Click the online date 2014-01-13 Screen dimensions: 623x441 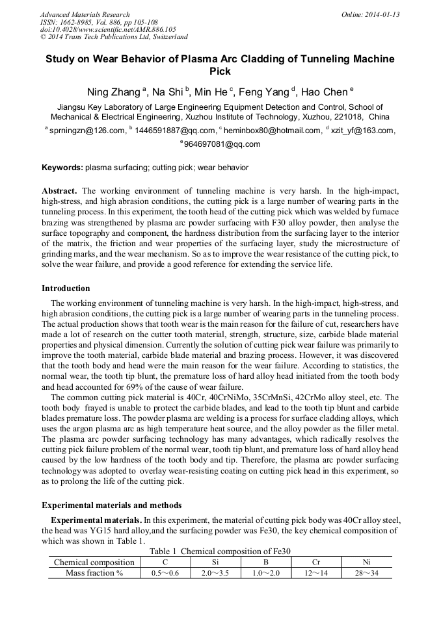point(376,14)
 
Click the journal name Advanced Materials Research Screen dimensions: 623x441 point(85,14)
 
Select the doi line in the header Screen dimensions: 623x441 point(108,30)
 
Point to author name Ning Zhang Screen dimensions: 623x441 point(114,92)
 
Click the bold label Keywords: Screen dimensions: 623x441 point(62,168)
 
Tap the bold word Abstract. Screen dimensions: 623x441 point(60,191)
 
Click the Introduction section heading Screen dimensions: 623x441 point(66,288)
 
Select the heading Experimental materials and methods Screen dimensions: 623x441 point(111,505)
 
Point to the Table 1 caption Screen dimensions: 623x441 point(220,551)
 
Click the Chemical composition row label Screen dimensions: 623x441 point(94,562)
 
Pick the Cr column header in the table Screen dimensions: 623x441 point(316,562)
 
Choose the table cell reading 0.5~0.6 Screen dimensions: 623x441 point(165,573)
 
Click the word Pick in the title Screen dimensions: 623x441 point(220,71)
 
